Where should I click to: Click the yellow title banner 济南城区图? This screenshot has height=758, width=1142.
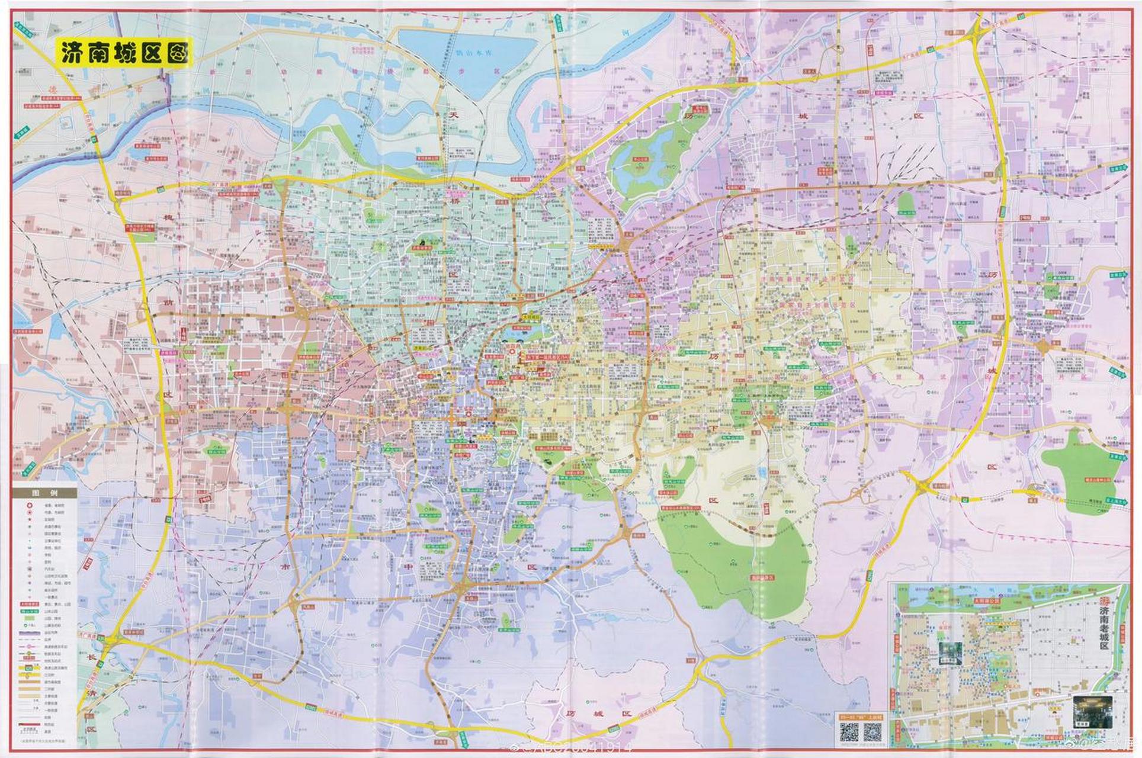pos(124,53)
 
